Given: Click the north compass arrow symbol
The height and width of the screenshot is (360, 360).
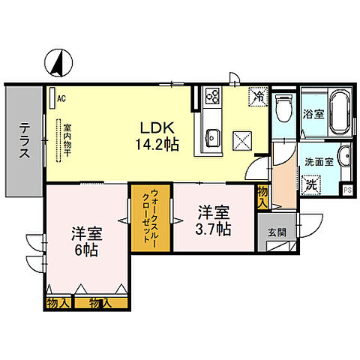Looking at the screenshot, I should (x=55, y=63).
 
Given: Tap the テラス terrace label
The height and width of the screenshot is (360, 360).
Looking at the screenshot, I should (x=24, y=141).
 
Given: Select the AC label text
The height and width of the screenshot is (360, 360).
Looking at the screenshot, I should (x=61, y=97).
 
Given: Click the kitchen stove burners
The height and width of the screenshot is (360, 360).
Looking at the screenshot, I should (x=211, y=97).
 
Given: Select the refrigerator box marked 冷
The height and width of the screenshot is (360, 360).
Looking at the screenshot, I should (x=257, y=96).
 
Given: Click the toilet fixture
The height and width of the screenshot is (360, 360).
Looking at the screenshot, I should (x=283, y=109).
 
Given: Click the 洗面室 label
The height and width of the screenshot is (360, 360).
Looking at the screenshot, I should (x=314, y=160).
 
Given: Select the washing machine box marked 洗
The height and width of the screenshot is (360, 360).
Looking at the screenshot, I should (x=311, y=182).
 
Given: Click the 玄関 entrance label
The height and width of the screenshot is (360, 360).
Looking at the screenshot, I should (x=276, y=231).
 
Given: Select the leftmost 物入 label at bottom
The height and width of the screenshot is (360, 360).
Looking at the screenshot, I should (x=57, y=302).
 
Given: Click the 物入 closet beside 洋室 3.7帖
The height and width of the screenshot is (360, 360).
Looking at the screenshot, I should (x=262, y=196).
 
